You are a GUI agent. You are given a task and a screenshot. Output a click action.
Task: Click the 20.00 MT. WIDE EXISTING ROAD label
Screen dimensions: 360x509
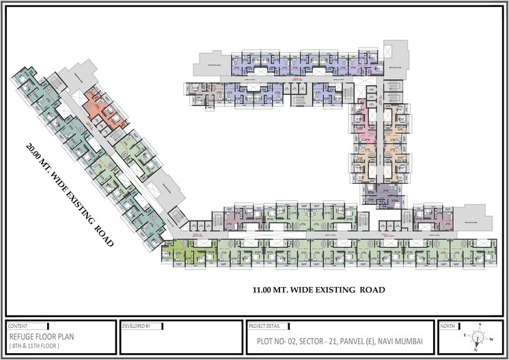pos(68,195)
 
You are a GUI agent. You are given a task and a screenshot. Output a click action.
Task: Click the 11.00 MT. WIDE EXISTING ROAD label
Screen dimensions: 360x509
pos(318,290)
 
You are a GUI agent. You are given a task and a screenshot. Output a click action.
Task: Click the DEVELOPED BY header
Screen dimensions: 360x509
pos(137,327)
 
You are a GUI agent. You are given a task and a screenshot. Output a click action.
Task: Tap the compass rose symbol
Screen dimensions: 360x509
pos(479,337)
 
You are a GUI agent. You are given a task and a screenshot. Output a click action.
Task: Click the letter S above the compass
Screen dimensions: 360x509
pos(480,324)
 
